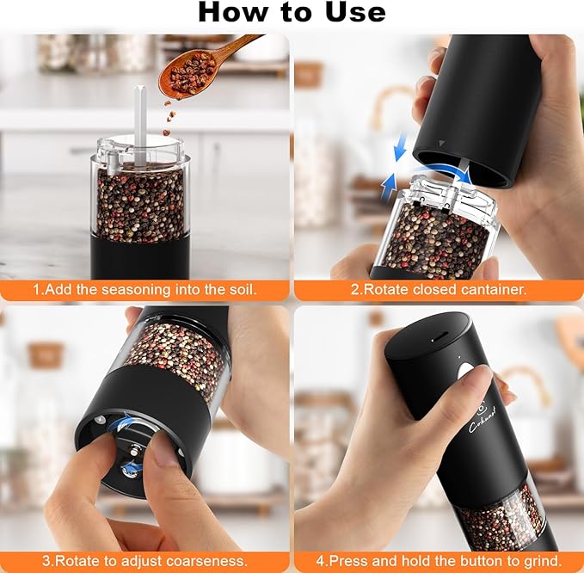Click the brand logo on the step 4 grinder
[476, 411]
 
